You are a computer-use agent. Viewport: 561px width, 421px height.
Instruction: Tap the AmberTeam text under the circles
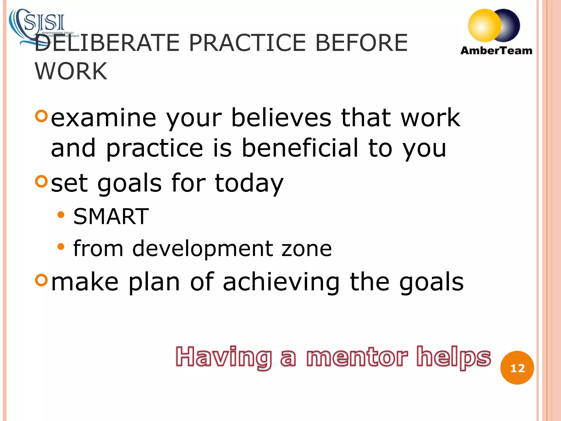496,51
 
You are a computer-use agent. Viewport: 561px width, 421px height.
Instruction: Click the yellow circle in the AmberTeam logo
484,25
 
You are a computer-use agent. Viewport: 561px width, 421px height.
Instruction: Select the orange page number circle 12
517,368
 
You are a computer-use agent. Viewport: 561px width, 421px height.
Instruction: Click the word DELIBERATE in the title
107,43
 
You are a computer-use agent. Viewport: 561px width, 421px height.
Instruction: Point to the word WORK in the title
71,71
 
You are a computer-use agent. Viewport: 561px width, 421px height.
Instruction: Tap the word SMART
111,217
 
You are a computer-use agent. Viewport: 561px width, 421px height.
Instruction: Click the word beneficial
300,148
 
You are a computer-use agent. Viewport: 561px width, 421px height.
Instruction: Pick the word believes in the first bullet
281,118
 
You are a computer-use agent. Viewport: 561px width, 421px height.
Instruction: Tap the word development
203,248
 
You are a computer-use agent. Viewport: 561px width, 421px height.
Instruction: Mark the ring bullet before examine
42,116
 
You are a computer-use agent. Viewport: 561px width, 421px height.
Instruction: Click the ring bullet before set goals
42,181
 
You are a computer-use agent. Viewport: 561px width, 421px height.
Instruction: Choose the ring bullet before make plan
42,280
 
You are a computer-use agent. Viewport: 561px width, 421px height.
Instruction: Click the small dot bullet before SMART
61,215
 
